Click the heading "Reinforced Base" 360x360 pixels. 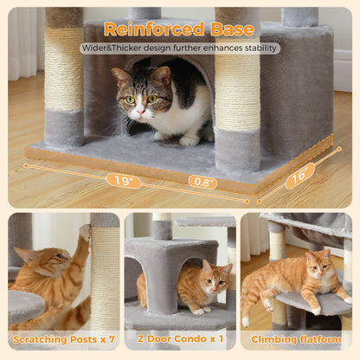click(x=179, y=29)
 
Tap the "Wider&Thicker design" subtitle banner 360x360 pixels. click(x=179, y=48)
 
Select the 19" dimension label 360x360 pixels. click(x=123, y=180)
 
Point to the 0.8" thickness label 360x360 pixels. click(x=202, y=182)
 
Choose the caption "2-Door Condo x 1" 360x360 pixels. click(x=179, y=340)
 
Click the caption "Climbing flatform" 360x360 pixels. click(x=298, y=340)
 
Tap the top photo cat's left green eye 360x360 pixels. click(x=131, y=99)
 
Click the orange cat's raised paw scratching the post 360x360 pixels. click(x=85, y=231)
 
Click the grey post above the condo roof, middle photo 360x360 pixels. click(x=162, y=228)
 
